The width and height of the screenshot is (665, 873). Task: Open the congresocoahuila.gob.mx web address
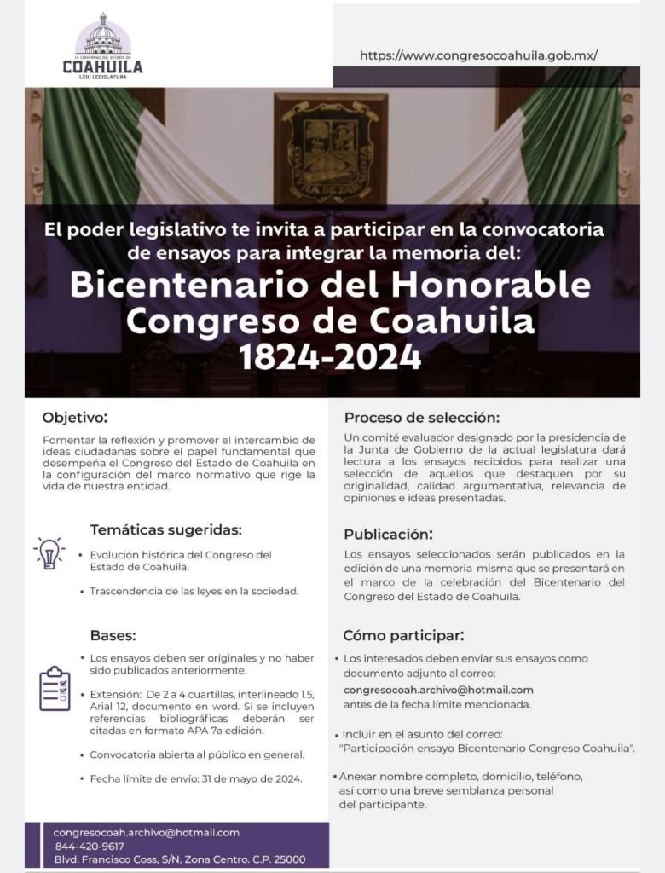(478, 55)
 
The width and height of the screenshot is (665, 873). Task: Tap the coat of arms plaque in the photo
(330, 149)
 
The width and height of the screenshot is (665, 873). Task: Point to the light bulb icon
(49, 553)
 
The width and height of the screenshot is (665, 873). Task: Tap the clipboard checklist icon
(55, 689)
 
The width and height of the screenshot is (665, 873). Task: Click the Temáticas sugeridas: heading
(166, 529)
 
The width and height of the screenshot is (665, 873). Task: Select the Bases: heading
(113, 635)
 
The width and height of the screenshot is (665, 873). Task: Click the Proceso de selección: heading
(421, 418)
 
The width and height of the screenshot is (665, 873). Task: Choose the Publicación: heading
(388, 535)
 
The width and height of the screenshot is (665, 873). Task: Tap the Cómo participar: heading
(403, 636)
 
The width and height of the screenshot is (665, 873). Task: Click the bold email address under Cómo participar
(438, 690)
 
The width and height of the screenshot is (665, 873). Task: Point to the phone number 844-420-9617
(89, 846)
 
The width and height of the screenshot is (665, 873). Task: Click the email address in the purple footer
(146, 832)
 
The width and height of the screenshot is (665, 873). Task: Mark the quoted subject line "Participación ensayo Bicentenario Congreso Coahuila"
(488, 748)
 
